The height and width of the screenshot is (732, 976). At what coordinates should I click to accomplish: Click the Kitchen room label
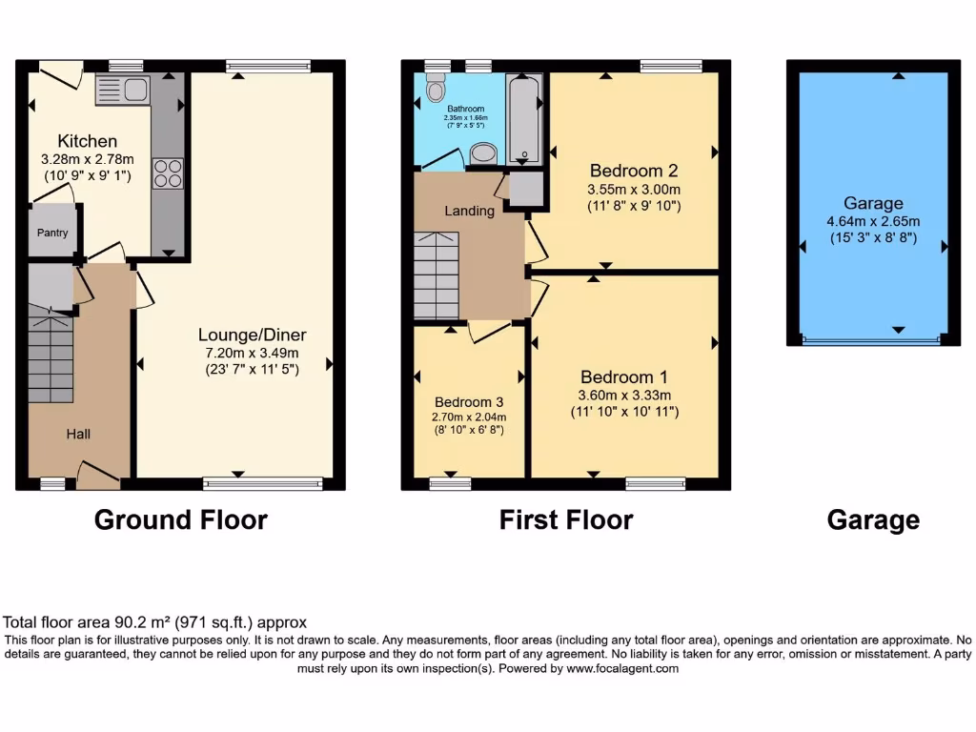87,141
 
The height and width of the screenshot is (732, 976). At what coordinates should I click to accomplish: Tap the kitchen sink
121,91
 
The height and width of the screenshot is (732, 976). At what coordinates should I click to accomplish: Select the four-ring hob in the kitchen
167,173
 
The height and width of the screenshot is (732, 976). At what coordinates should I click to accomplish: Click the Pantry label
52,233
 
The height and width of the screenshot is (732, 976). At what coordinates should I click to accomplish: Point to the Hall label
78,434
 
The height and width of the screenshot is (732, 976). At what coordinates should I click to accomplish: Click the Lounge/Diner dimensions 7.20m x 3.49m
252,352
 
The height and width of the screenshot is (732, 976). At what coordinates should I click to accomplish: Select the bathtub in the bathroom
523,118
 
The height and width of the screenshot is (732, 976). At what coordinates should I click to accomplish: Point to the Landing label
470,211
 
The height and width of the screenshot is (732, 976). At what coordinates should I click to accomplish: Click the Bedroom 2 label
634,171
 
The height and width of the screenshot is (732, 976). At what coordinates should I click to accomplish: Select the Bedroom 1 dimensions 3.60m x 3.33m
624,396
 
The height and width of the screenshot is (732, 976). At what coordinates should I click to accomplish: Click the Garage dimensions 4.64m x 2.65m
872,221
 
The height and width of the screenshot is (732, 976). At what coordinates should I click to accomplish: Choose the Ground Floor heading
180,519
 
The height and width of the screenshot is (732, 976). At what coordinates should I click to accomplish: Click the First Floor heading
566,519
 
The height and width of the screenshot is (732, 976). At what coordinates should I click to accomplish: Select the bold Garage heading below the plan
873,519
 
